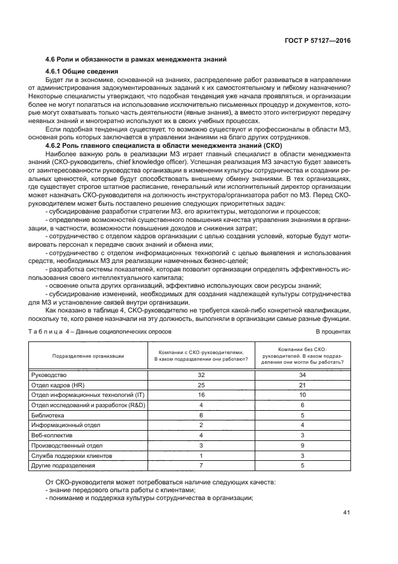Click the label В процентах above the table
coord(333,332)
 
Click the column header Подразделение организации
coord(88,356)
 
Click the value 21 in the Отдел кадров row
coord(303,385)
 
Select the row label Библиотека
coord(48,416)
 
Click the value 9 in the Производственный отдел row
coord(303,446)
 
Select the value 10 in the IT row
coord(303,395)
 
